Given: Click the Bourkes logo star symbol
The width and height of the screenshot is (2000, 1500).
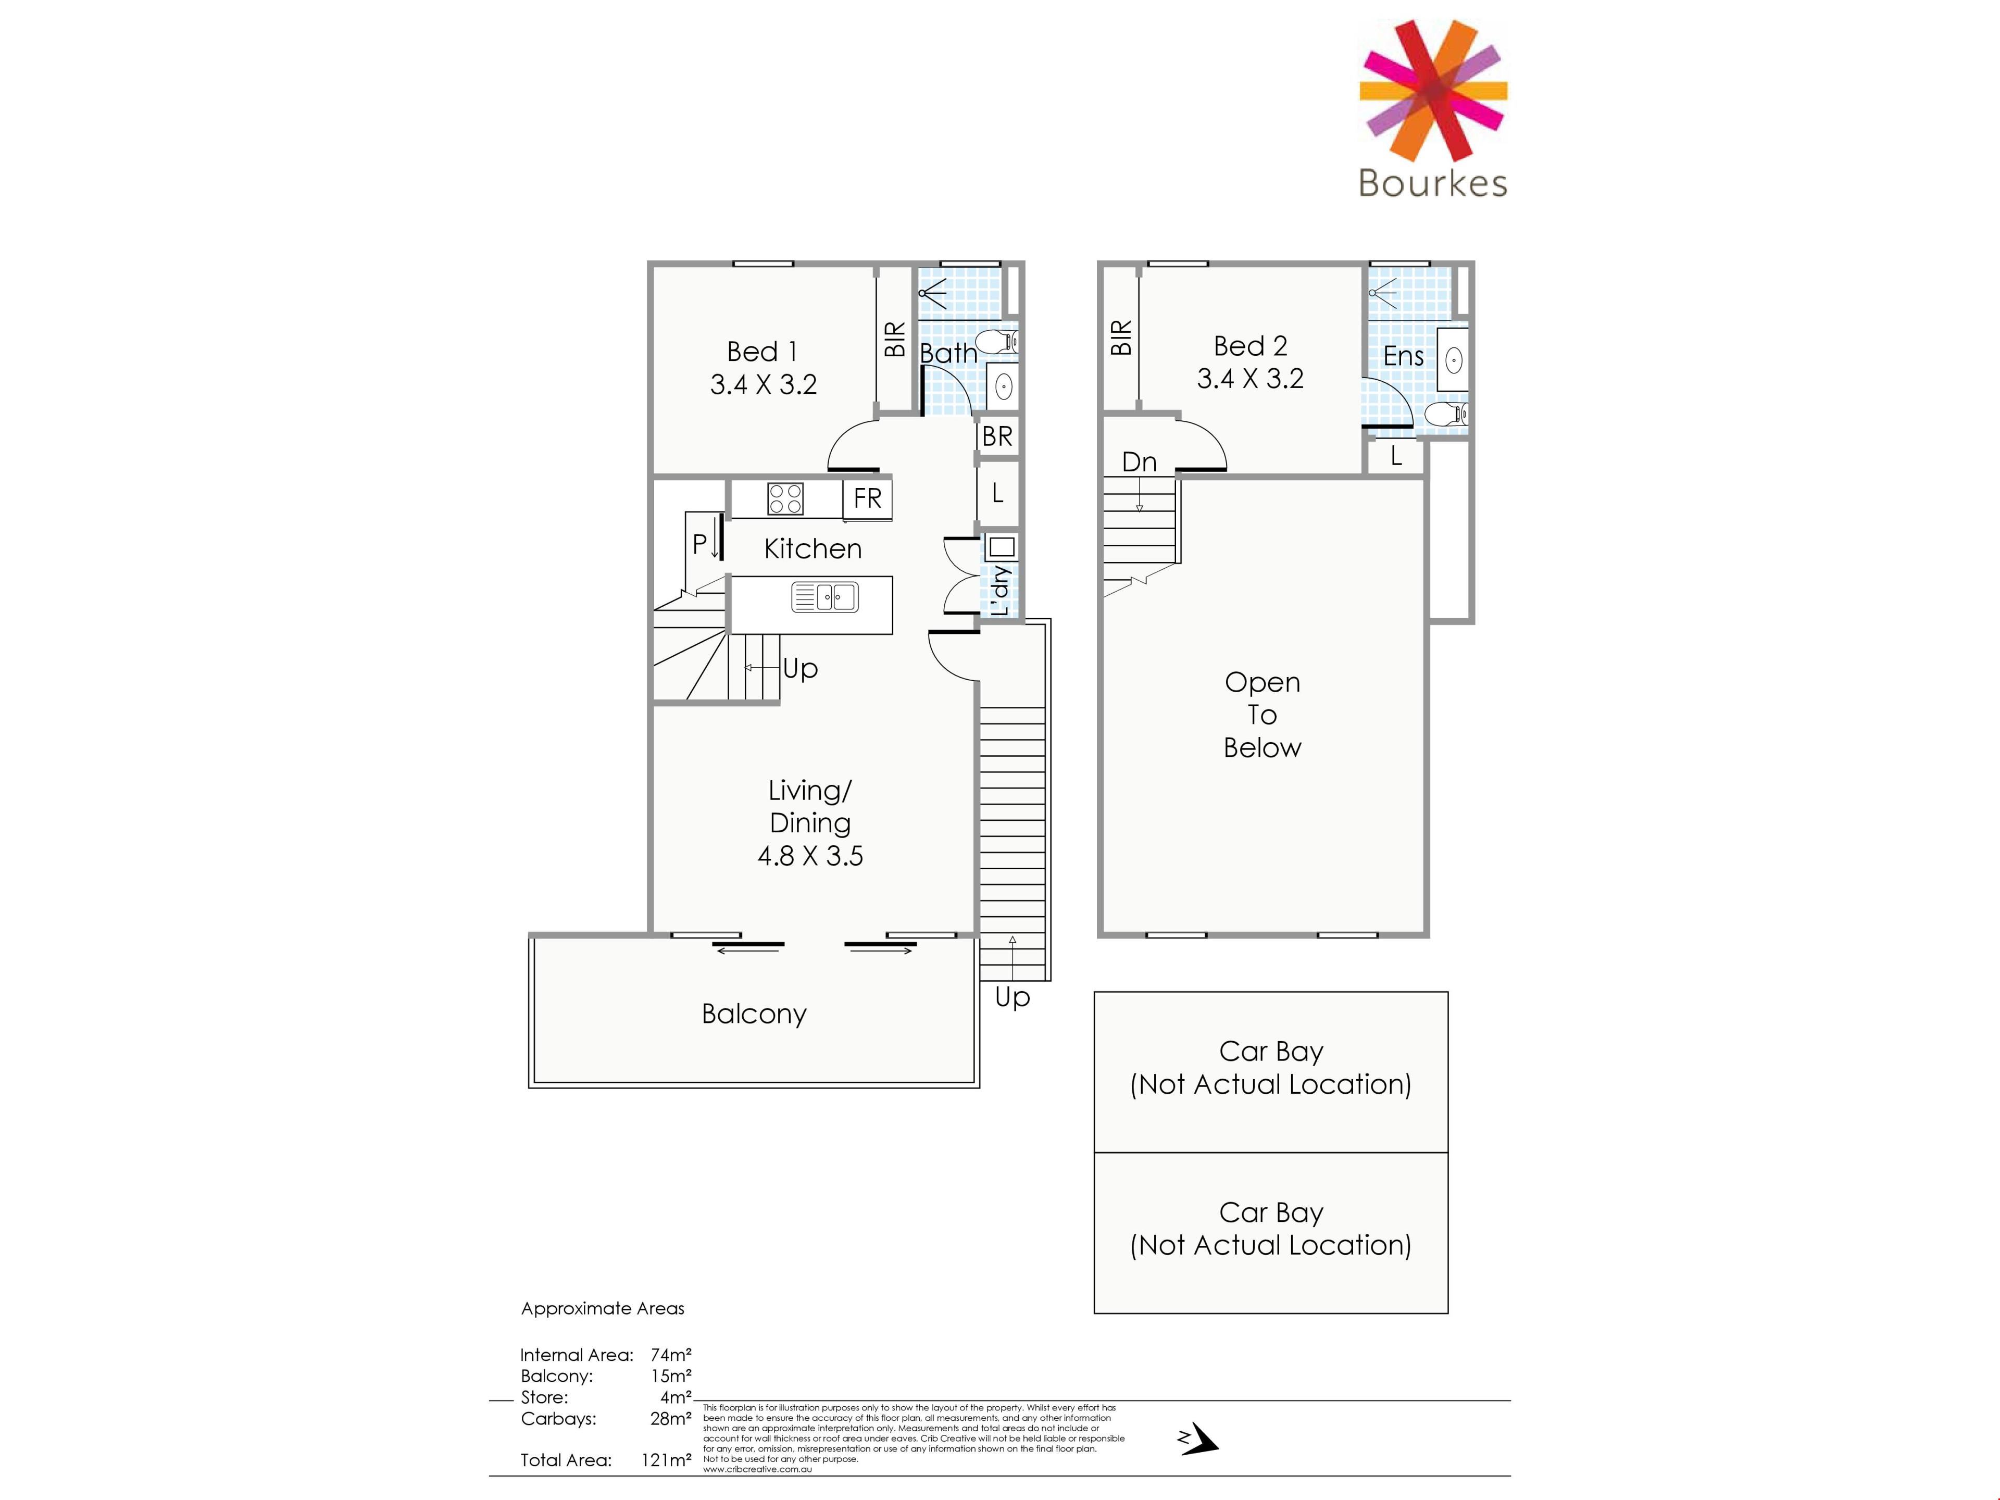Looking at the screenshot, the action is [x=1433, y=91].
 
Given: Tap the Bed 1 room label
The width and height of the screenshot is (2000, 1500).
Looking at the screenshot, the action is [x=762, y=351].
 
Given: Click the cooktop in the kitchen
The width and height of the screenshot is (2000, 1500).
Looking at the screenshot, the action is [x=785, y=498].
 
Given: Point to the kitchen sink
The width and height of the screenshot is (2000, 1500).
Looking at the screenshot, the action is [x=824, y=597].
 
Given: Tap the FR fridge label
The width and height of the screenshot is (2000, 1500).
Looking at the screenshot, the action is [x=867, y=498].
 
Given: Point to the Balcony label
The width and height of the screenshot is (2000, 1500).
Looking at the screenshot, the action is [x=754, y=1015].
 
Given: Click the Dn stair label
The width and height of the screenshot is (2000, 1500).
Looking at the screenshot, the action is [x=1139, y=462].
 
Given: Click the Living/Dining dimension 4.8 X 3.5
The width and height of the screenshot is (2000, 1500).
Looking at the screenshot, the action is [x=810, y=855].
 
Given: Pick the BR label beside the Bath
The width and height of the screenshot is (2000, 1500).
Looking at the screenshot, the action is [x=997, y=436].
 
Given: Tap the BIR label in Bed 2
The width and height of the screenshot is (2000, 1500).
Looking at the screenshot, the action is [x=1121, y=337].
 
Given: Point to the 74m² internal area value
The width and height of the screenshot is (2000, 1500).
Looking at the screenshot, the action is [x=671, y=1355].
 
